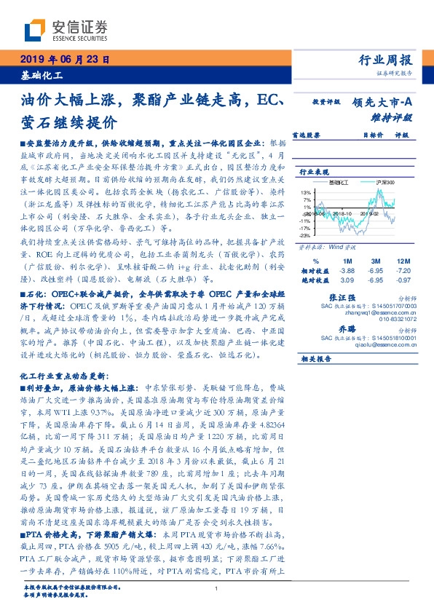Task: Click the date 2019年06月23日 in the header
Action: pos(63,60)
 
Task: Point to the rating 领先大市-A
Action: pos(382,103)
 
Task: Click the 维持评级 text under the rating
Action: pos(396,116)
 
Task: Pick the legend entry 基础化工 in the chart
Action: pos(340,182)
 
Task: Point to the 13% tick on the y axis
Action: pos(304,192)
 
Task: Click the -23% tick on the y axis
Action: pos(304,235)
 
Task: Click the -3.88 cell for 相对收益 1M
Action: pos(346,270)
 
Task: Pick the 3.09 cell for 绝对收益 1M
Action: pos(347,280)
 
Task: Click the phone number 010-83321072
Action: pos(398,319)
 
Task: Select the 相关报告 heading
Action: pos(316,359)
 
